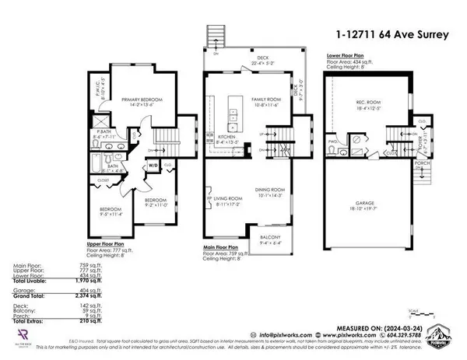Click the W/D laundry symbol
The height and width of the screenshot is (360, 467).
(x=152, y=166)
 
